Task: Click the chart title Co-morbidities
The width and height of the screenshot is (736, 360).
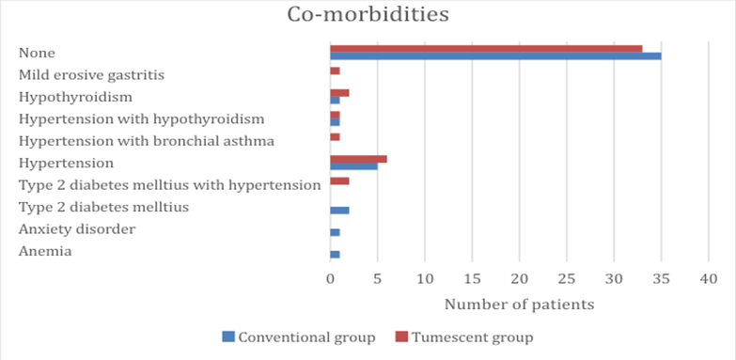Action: [368, 14]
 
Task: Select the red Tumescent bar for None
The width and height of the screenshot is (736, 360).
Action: [486, 49]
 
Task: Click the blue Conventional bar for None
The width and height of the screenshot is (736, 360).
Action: [495, 55]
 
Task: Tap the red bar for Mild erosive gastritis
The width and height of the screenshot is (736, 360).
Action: [336, 70]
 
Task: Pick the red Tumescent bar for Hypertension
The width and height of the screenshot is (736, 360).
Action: [359, 159]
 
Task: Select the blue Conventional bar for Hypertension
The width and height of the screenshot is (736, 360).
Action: [354, 166]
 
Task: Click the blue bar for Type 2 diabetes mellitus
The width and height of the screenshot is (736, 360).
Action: [340, 211]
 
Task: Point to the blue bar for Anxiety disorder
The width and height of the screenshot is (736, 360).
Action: [336, 232]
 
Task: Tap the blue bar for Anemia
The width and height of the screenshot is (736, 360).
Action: [336, 255]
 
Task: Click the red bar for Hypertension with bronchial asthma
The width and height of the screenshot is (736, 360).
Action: [336, 137]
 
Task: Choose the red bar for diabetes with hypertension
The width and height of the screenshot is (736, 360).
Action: [340, 181]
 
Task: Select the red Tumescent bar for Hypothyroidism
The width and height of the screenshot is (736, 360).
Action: [340, 93]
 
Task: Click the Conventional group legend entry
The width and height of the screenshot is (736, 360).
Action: [299, 337]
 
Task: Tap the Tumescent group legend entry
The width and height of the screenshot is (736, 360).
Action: [464, 337]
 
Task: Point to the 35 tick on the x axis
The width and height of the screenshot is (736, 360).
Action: [661, 279]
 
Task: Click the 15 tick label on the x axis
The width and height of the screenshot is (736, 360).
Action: [472, 279]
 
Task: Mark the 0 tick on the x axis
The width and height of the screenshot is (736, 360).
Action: [330, 279]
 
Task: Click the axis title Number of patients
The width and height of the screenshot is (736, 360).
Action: [519, 305]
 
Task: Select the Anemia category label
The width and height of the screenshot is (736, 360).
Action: [45, 252]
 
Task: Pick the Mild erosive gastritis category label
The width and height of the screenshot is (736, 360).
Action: [91, 75]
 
